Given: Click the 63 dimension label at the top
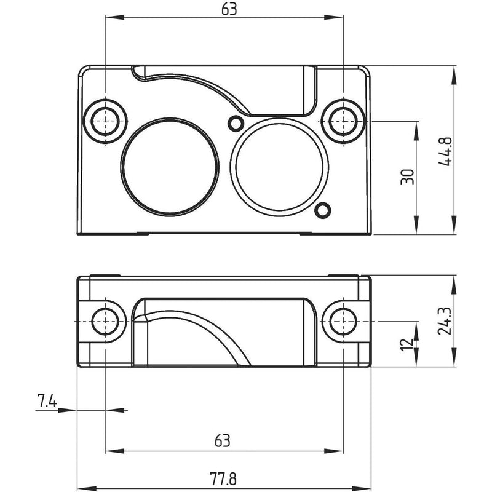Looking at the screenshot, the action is [229, 9].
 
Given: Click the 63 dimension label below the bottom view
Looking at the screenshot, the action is [223, 440].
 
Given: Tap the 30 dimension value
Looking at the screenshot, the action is [408, 177].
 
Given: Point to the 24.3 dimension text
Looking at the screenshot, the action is [445, 320].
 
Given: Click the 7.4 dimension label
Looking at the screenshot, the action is [47, 401].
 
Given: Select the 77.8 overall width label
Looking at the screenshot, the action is [223, 479].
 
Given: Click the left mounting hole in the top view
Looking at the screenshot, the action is [105, 121].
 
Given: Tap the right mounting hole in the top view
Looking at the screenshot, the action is [343, 121].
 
